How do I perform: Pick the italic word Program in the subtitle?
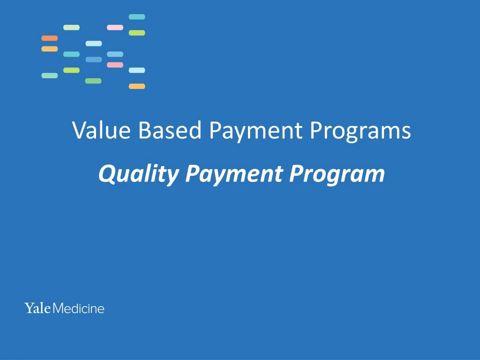click(x=337, y=174)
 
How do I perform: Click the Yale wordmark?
click(x=37, y=308)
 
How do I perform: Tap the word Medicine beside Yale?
click(x=78, y=308)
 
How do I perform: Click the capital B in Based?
click(x=144, y=130)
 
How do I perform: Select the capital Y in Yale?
click(x=29, y=308)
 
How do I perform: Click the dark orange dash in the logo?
click(x=50, y=38)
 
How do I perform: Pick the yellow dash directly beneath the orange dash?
click(x=50, y=49)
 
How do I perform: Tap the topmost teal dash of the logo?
click(x=137, y=17)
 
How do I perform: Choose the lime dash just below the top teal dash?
click(x=137, y=33)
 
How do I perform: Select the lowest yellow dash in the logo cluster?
click(x=137, y=86)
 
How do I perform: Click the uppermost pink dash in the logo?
click(x=115, y=27)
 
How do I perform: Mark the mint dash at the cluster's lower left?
click(x=50, y=75)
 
